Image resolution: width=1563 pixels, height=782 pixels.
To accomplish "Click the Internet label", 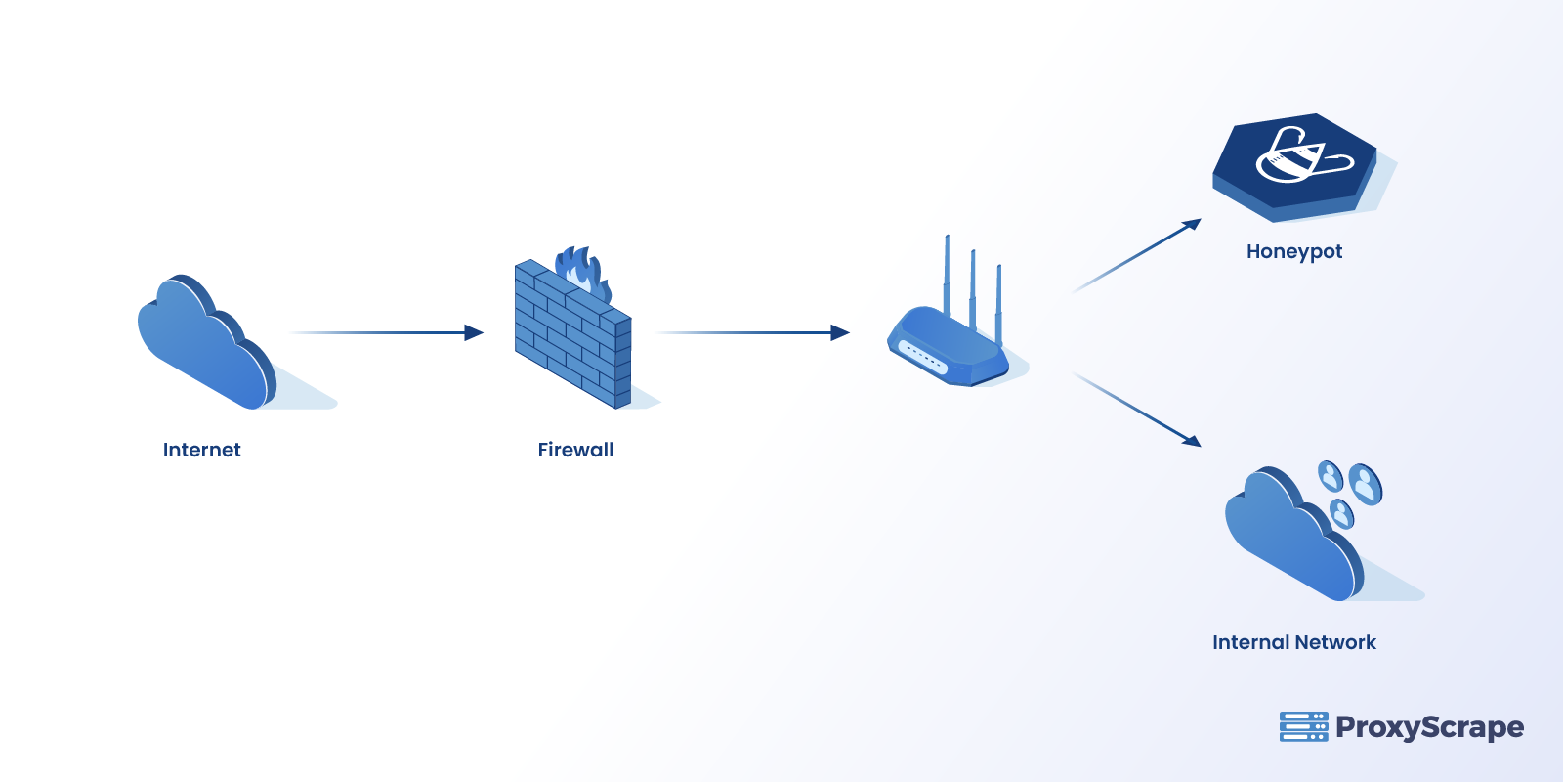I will pyautogui.click(x=201, y=450).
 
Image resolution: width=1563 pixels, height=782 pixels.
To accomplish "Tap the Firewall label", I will pyautogui.click(x=575, y=450).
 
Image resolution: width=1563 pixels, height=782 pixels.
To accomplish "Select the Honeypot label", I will pyautogui.click(x=1293, y=251).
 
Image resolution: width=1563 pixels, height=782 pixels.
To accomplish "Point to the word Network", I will pyautogui.click(x=1335, y=642).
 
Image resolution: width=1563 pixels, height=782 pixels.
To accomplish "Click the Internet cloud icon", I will pyautogui.click(x=205, y=347).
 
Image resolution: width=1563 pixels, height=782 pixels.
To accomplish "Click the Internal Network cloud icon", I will pyautogui.click(x=1289, y=538).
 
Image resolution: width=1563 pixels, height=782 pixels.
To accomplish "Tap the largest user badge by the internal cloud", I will pyautogui.click(x=1366, y=483).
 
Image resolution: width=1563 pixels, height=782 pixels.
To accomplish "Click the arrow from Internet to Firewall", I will pyautogui.click(x=391, y=333).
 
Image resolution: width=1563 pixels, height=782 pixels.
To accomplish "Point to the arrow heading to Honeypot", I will pyautogui.click(x=1138, y=256).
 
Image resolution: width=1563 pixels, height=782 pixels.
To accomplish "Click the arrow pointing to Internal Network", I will pyautogui.click(x=1138, y=410).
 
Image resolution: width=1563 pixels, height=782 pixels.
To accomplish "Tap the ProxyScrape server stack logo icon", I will pyautogui.click(x=1303, y=726).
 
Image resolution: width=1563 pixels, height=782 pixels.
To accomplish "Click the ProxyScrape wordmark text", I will pyautogui.click(x=1429, y=727).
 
